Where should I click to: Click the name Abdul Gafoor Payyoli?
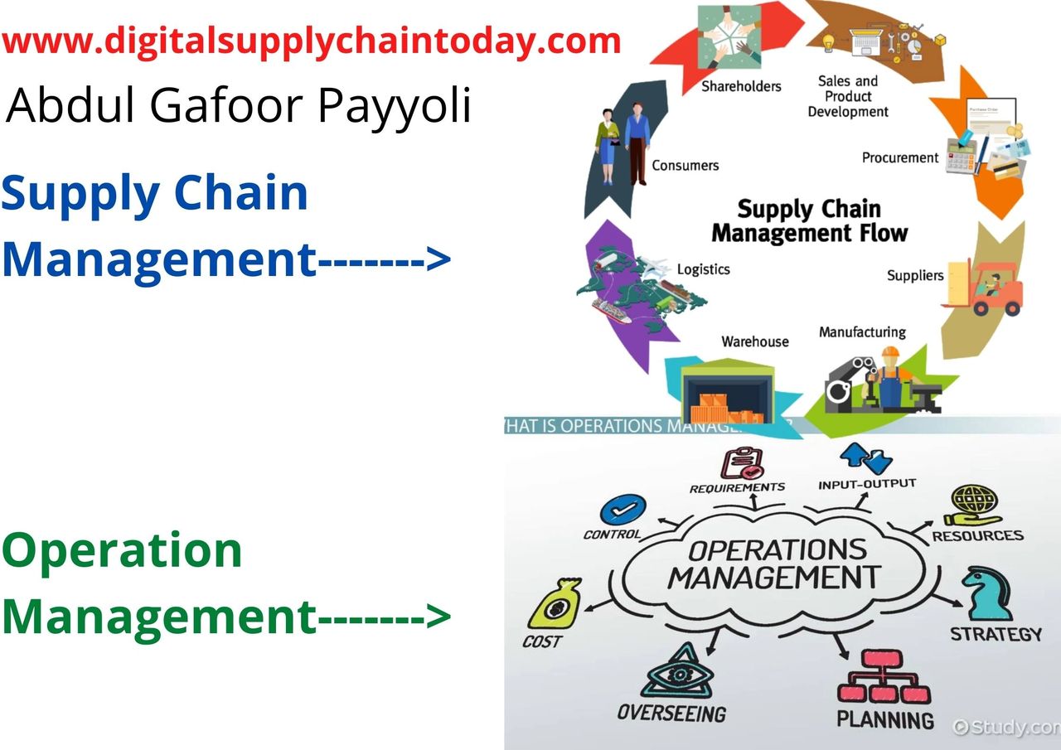238,105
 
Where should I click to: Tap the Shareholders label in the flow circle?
741,86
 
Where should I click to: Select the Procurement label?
900,157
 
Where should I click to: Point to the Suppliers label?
915,275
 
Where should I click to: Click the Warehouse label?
755,341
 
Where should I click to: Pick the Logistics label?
704,269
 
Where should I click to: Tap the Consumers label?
685,165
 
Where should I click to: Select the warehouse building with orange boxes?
727,392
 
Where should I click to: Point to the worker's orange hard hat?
890,352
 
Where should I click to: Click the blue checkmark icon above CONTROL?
623,510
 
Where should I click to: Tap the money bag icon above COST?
555,603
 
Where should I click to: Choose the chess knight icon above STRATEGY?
987,594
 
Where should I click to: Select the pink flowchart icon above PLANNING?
884,677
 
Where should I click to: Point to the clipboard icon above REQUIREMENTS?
742,462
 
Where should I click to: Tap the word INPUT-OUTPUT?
867,484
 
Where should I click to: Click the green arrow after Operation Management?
384,616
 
